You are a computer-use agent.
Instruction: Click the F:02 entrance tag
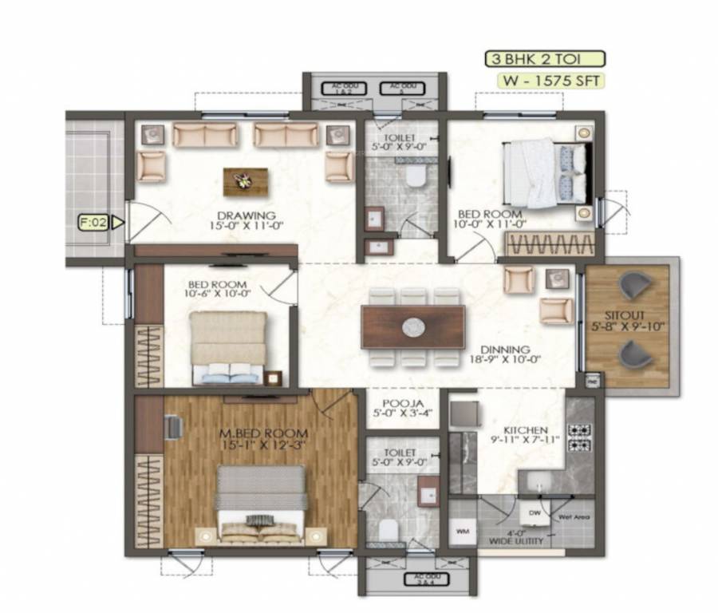click(x=94, y=223)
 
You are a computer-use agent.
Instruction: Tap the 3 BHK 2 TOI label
click(x=545, y=58)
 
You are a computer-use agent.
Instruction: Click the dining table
click(x=412, y=327)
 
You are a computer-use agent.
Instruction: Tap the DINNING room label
click(x=506, y=350)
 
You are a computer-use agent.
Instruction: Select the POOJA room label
click(x=402, y=404)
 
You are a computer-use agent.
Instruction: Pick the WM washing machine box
click(x=462, y=531)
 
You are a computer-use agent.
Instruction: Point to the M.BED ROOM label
click(x=262, y=434)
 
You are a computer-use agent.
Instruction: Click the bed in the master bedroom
click(x=262, y=503)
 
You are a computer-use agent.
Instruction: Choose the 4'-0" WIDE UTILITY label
click(x=516, y=538)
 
